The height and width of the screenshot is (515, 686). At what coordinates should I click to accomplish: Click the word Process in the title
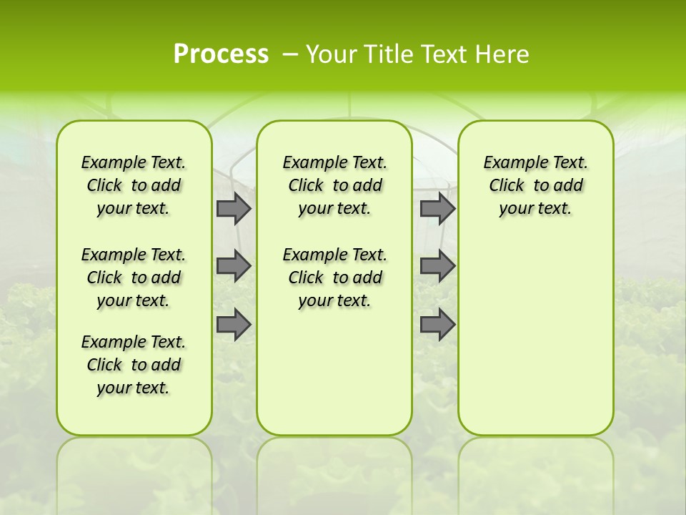pos(221,54)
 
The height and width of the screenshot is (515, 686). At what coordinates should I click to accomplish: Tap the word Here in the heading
pos(502,54)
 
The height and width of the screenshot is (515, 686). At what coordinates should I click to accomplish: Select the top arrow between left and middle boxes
pos(234,209)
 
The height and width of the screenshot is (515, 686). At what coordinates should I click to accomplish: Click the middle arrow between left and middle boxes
pos(234,266)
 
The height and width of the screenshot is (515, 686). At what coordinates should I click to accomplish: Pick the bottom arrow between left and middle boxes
pos(234,325)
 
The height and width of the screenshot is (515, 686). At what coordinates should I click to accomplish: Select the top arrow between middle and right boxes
pos(437,209)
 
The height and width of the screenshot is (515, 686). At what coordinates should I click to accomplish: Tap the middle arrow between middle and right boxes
pos(437,266)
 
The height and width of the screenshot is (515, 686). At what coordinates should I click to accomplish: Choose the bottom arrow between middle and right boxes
pos(437,325)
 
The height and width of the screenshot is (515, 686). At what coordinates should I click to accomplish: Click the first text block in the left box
pos(134,185)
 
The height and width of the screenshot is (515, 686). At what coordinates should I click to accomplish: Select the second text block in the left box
pos(134,278)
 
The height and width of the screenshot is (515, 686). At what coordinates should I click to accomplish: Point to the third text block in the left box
pos(134,365)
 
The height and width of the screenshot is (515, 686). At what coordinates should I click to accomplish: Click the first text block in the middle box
pos(334,185)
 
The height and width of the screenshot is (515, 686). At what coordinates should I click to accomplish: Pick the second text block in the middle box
pos(334,278)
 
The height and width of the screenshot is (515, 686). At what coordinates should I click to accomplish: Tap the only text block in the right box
pos(535,185)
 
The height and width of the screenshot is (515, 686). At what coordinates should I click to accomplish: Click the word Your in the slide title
pos(331,54)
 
